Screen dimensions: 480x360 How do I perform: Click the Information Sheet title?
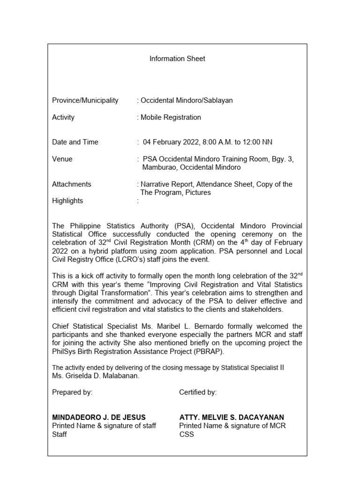click(177, 59)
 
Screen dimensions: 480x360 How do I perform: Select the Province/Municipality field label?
click(85, 101)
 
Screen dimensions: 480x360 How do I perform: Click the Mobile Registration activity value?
click(170, 118)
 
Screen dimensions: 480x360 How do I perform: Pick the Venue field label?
click(62, 159)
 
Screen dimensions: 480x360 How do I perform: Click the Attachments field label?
click(72, 185)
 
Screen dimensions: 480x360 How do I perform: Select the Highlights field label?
click(67, 201)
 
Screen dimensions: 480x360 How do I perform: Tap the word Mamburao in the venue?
click(159, 167)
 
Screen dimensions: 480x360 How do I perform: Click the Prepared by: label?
click(72, 393)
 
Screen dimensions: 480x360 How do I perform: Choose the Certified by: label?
click(198, 393)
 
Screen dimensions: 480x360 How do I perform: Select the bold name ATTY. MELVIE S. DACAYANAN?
click(232, 417)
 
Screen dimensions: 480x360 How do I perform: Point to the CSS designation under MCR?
click(187, 435)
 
